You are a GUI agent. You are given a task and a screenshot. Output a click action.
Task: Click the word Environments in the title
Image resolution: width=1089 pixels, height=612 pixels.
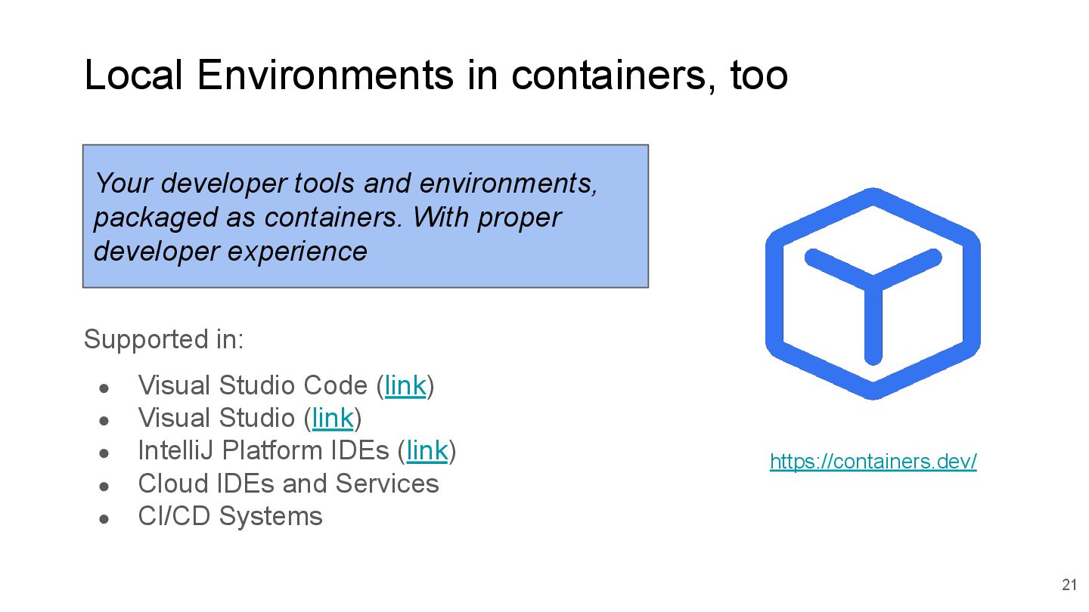tap(326, 76)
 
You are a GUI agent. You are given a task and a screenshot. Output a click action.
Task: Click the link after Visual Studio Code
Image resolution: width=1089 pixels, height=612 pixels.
tap(405, 385)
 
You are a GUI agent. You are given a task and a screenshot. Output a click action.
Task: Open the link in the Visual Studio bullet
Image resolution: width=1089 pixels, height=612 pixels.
tap(333, 418)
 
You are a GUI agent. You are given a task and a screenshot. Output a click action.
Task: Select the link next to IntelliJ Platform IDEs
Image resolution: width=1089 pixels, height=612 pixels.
tap(427, 451)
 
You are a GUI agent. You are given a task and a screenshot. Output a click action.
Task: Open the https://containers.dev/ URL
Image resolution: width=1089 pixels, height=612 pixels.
tap(873, 461)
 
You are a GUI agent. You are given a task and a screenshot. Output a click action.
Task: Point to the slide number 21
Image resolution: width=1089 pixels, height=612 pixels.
tap(1069, 585)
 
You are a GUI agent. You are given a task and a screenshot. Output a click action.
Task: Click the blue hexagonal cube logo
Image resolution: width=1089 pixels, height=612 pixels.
tap(873, 293)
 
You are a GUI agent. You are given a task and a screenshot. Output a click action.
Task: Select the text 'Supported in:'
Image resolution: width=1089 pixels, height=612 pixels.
tap(163, 340)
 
